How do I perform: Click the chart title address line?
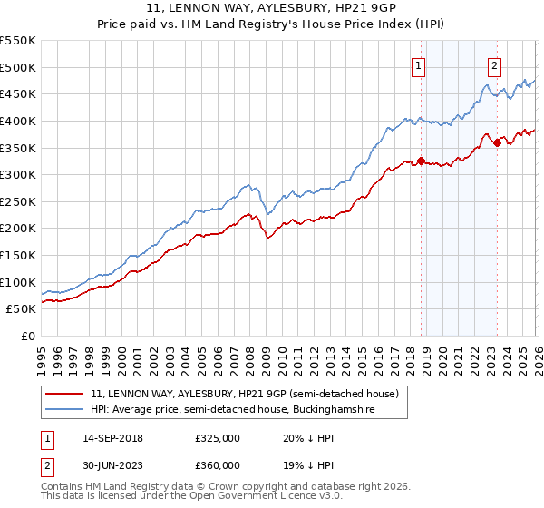(x=272, y=8)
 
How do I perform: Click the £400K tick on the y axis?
(x=18, y=121)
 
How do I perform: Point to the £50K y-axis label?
(x=21, y=309)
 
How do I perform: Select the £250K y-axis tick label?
(x=18, y=201)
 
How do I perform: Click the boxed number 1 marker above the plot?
(x=418, y=65)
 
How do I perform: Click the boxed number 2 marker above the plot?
(x=494, y=65)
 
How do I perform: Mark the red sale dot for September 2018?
(x=421, y=161)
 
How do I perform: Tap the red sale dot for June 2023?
(x=497, y=142)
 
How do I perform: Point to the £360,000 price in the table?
(x=217, y=465)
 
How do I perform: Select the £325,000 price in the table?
(x=217, y=438)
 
